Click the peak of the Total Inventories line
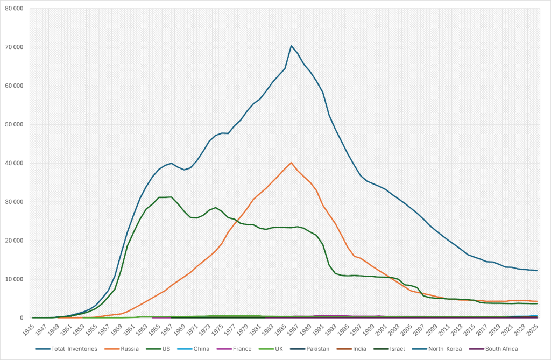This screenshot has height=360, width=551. tap(291, 46)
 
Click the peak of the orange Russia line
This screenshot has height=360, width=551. tap(291, 163)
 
